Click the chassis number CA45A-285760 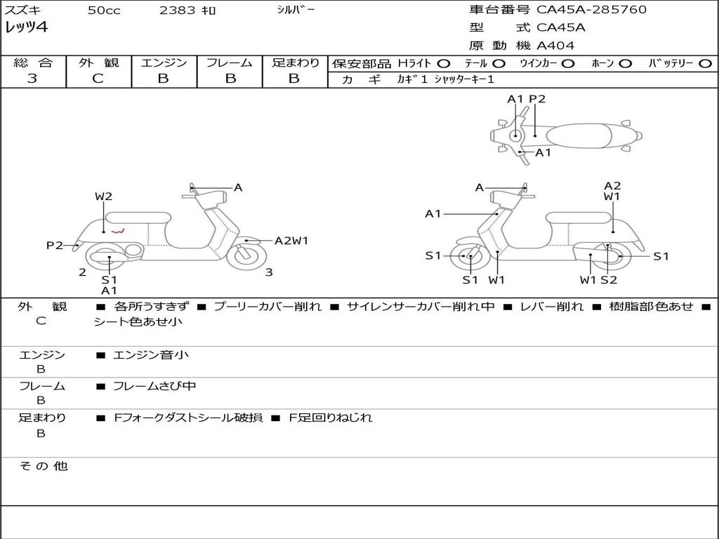pyautogui.click(x=591, y=10)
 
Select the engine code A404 pyautogui.click(x=555, y=46)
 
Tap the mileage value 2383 pyautogui.click(x=178, y=11)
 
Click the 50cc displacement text pyautogui.click(x=104, y=11)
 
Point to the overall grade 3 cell pyautogui.click(x=32, y=79)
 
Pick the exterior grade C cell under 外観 pyautogui.click(x=98, y=79)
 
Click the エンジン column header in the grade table pyautogui.click(x=164, y=63)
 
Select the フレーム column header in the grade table pyautogui.click(x=229, y=63)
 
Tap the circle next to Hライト pyautogui.click(x=444, y=64)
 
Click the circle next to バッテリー pyautogui.click(x=706, y=64)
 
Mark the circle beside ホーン pyautogui.click(x=625, y=64)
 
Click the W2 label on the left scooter pyautogui.click(x=104, y=197)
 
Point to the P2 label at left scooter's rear pyautogui.click(x=55, y=245)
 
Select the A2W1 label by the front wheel pyautogui.click(x=291, y=241)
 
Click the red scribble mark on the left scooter pyautogui.click(x=118, y=230)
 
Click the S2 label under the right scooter pyautogui.click(x=608, y=280)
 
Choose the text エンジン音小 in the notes pyautogui.click(x=151, y=355)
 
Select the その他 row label pyautogui.click(x=43, y=466)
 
